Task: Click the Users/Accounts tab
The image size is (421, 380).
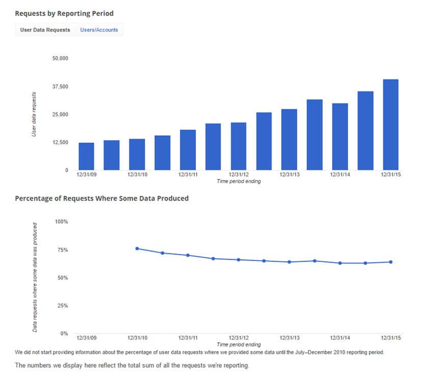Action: click(x=99, y=30)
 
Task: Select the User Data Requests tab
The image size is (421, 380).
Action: click(x=45, y=30)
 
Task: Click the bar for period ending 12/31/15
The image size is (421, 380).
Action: click(x=390, y=124)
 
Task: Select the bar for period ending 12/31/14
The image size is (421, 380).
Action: click(x=340, y=137)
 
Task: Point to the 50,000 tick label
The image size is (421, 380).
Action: click(x=60, y=59)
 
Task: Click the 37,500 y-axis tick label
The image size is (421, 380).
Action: click(x=60, y=87)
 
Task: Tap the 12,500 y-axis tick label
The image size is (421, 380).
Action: click(x=60, y=142)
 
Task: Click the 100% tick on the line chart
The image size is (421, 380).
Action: click(x=62, y=222)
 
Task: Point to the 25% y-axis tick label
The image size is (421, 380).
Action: click(x=63, y=306)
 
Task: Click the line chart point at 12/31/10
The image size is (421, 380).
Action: click(x=137, y=248)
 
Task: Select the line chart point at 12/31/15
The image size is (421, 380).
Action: click(x=391, y=262)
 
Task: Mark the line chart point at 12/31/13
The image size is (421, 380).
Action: click(x=290, y=262)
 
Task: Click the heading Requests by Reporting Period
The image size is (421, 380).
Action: click(x=64, y=13)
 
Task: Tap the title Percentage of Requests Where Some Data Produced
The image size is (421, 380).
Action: click(x=102, y=198)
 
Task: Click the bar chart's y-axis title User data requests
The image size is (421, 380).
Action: click(x=34, y=114)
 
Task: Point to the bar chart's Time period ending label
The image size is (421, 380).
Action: click(x=239, y=182)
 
